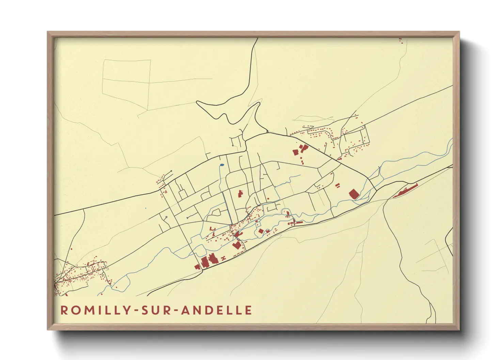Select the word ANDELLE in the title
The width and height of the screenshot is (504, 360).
[217, 310]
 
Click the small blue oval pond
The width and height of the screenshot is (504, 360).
[222, 165]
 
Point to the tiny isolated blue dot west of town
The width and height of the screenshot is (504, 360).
[145, 208]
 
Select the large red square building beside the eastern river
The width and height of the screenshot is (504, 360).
[354, 194]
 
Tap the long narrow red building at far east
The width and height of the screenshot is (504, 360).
[405, 191]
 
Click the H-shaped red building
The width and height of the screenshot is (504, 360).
[224, 259]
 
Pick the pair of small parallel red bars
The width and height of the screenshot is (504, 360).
[337, 185]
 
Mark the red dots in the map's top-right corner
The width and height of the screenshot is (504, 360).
[401, 41]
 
